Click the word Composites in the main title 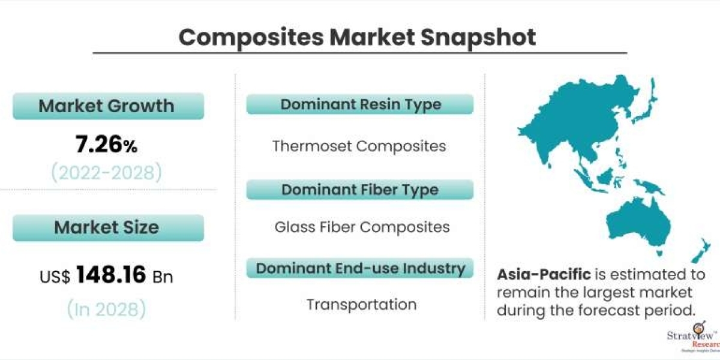pos(251,38)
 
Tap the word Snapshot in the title pos(478,38)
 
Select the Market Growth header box pos(109,106)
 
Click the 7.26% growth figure pos(106,145)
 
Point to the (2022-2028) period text pos(106,173)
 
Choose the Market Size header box pos(109,227)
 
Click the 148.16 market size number pos(111,275)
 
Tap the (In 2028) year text pos(106,309)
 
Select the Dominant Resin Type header pos(360,104)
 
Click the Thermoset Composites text pos(359,146)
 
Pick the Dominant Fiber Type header pos(360,190)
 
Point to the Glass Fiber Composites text pos(362,227)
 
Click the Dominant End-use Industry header pos(360,268)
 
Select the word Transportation pos(362,304)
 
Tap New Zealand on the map pos(701,251)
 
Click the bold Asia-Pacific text pos(544,275)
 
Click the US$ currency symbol pos(55,277)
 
